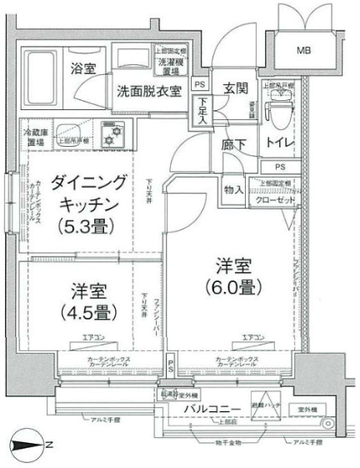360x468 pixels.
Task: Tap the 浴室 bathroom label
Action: (82, 68)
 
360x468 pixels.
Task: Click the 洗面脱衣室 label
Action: (150, 92)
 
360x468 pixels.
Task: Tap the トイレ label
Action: (279, 144)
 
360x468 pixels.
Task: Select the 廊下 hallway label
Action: (233, 144)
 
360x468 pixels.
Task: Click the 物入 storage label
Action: (234, 189)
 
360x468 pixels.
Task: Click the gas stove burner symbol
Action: (111, 133)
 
